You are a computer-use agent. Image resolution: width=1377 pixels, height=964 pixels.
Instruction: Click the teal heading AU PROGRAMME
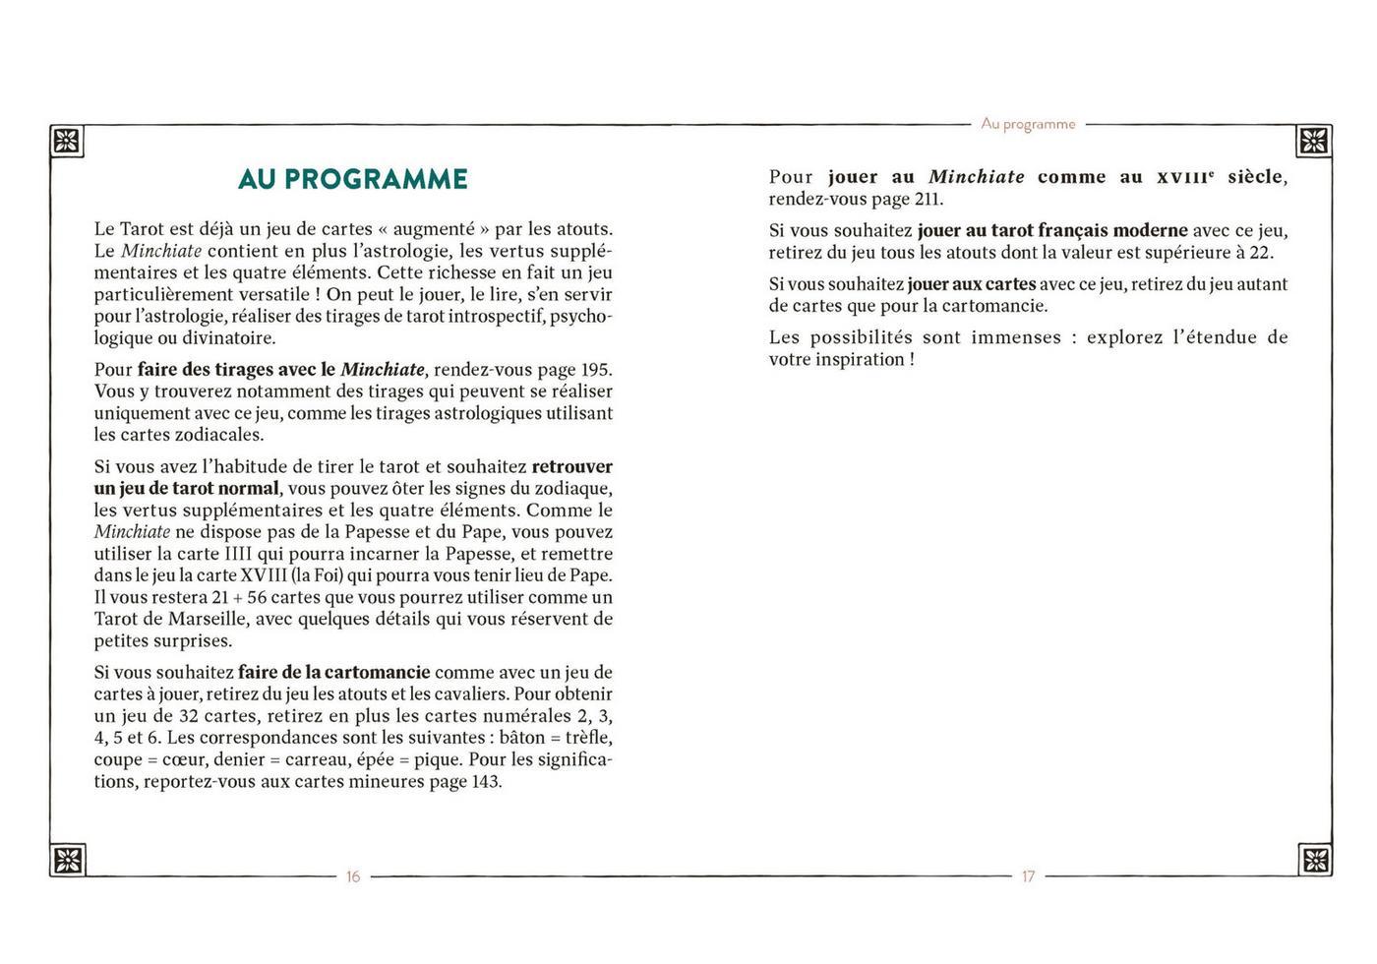(x=353, y=179)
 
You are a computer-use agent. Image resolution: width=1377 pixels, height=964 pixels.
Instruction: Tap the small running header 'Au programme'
(x=1028, y=124)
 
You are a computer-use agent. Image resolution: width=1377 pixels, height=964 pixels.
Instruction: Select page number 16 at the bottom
(x=353, y=876)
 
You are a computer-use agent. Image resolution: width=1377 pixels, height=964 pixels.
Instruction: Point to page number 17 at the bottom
(x=1028, y=876)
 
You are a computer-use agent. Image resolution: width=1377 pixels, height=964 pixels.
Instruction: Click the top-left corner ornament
(x=67, y=141)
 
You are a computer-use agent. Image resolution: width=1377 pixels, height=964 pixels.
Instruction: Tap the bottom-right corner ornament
(x=1314, y=860)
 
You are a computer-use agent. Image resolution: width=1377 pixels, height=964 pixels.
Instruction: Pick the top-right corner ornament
(x=1314, y=141)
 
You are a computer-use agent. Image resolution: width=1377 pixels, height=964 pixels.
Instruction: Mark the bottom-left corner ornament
(x=67, y=860)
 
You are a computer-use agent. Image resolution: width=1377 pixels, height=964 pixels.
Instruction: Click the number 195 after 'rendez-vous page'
(x=594, y=370)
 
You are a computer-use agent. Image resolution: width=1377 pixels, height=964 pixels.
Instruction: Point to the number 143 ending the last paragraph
(x=485, y=782)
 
